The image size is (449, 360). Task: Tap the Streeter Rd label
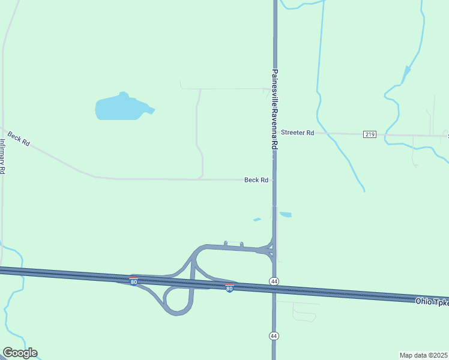point(298,133)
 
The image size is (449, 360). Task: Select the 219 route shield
point(370,134)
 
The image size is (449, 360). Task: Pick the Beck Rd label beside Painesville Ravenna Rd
point(256,179)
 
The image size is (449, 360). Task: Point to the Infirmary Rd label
point(3,156)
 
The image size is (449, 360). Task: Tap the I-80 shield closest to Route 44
point(229,289)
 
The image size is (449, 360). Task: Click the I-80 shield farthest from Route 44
point(133,281)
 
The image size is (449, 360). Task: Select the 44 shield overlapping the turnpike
point(274,281)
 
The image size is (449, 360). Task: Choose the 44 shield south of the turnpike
point(274,335)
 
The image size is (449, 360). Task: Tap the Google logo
point(20,353)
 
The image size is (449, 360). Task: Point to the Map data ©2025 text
point(424,355)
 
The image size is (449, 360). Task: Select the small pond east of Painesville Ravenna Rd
point(286,214)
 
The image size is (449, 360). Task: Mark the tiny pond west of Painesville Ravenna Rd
point(257,220)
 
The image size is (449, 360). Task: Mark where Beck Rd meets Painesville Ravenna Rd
point(274,179)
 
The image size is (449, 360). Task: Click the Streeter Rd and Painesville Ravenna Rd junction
point(276,133)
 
